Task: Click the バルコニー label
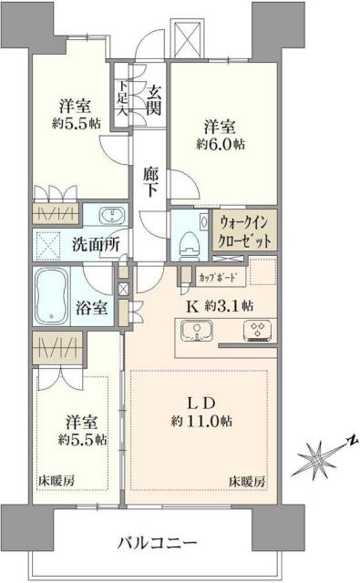coord(156,543)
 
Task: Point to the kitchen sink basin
coord(199,333)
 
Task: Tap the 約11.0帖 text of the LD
coord(200,422)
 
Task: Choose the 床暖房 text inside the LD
coord(247,480)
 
